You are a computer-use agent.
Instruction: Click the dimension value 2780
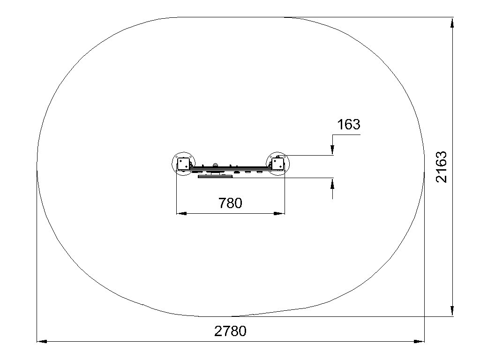(x=230, y=331)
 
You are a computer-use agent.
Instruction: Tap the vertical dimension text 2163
(x=442, y=167)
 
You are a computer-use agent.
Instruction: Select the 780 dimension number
(x=230, y=203)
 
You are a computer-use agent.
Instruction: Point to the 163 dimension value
(x=348, y=125)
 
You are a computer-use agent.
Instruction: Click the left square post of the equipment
(x=183, y=164)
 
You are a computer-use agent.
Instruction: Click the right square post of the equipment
(x=277, y=164)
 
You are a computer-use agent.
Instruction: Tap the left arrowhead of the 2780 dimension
(x=42, y=341)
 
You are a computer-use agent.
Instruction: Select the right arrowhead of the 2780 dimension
(x=420, y=341)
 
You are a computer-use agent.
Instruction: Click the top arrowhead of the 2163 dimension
(x=452, y=22)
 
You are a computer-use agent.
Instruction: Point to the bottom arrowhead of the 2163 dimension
(x=452, y=311)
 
